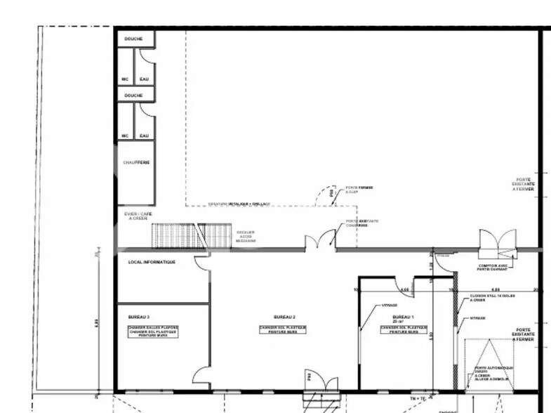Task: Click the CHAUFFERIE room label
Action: point(136,162)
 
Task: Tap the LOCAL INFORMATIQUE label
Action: point(152,262)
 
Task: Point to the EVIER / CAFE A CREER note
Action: point(140,216)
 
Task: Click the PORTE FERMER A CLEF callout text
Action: point(359,190)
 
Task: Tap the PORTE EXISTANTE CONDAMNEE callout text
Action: point(362,223)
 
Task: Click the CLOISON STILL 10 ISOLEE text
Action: point(493,298)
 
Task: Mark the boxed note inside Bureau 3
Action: point(152,332)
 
